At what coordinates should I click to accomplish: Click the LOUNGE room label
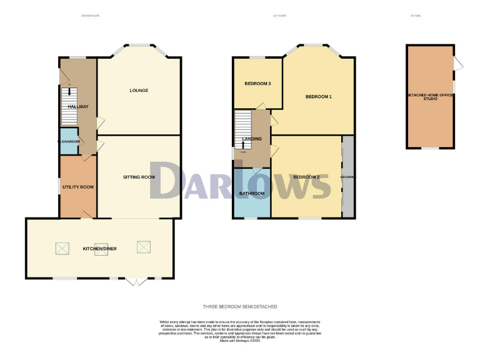[139, 91]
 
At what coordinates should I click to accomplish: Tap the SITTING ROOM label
[139, 177]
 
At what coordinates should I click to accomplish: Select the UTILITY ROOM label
[78, 187]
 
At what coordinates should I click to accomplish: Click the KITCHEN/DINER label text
[100, 249]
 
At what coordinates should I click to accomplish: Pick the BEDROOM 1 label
[318, 97]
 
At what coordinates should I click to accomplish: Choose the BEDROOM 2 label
[306, 177]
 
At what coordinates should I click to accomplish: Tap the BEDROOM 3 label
[257, 84]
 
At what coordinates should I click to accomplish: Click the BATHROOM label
[252, 194]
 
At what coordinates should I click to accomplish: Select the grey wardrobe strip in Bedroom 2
[347, 177]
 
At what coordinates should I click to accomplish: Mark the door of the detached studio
[459, 62]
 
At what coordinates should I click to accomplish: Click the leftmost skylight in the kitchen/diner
[63, 249]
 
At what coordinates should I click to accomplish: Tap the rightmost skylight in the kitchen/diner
[143, 249]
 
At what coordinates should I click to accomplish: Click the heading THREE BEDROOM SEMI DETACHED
[240, 307]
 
